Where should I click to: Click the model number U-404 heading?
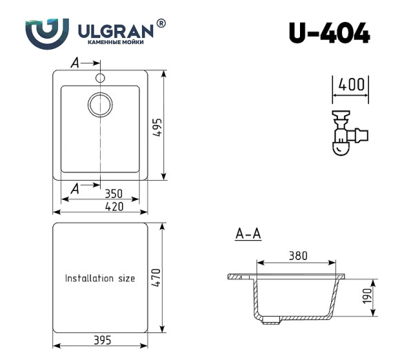point(329,32)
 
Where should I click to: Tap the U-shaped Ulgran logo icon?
point(47,31)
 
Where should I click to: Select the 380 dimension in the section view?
point(297,256)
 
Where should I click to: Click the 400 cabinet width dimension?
point(351,85)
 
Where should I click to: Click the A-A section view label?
point(248,234)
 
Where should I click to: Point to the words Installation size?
point(100,279)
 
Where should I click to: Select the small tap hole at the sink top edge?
point(100,77)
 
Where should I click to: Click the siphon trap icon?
point(346,131)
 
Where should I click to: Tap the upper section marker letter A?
point(75,63)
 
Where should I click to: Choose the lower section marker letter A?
point(75,186)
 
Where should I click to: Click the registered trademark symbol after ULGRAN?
point(161,23)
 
